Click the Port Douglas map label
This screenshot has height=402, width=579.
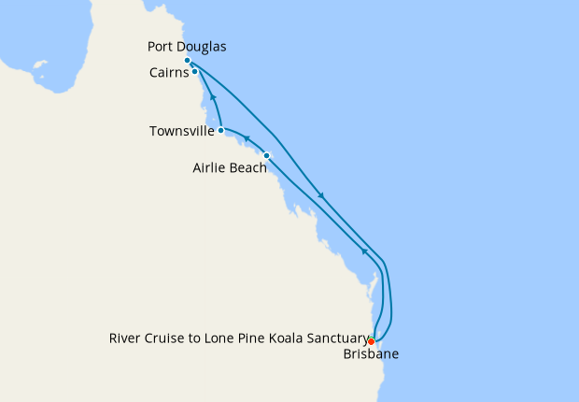[187, 46]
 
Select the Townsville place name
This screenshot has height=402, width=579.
[181, 131]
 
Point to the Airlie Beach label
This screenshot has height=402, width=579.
[229, 168]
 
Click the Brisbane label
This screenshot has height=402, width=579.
[369, 354]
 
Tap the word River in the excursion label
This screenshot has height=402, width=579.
[125, 338]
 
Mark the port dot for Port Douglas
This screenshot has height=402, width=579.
[188, 61]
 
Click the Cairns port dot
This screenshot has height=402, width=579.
[194, 72]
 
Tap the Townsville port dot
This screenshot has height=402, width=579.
[220, 131]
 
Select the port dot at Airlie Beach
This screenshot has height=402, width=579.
[267, 155]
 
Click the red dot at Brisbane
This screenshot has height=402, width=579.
[371, 341]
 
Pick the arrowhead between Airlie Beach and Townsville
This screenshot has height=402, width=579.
[247, 140]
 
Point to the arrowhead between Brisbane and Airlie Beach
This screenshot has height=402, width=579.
[364, 251]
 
